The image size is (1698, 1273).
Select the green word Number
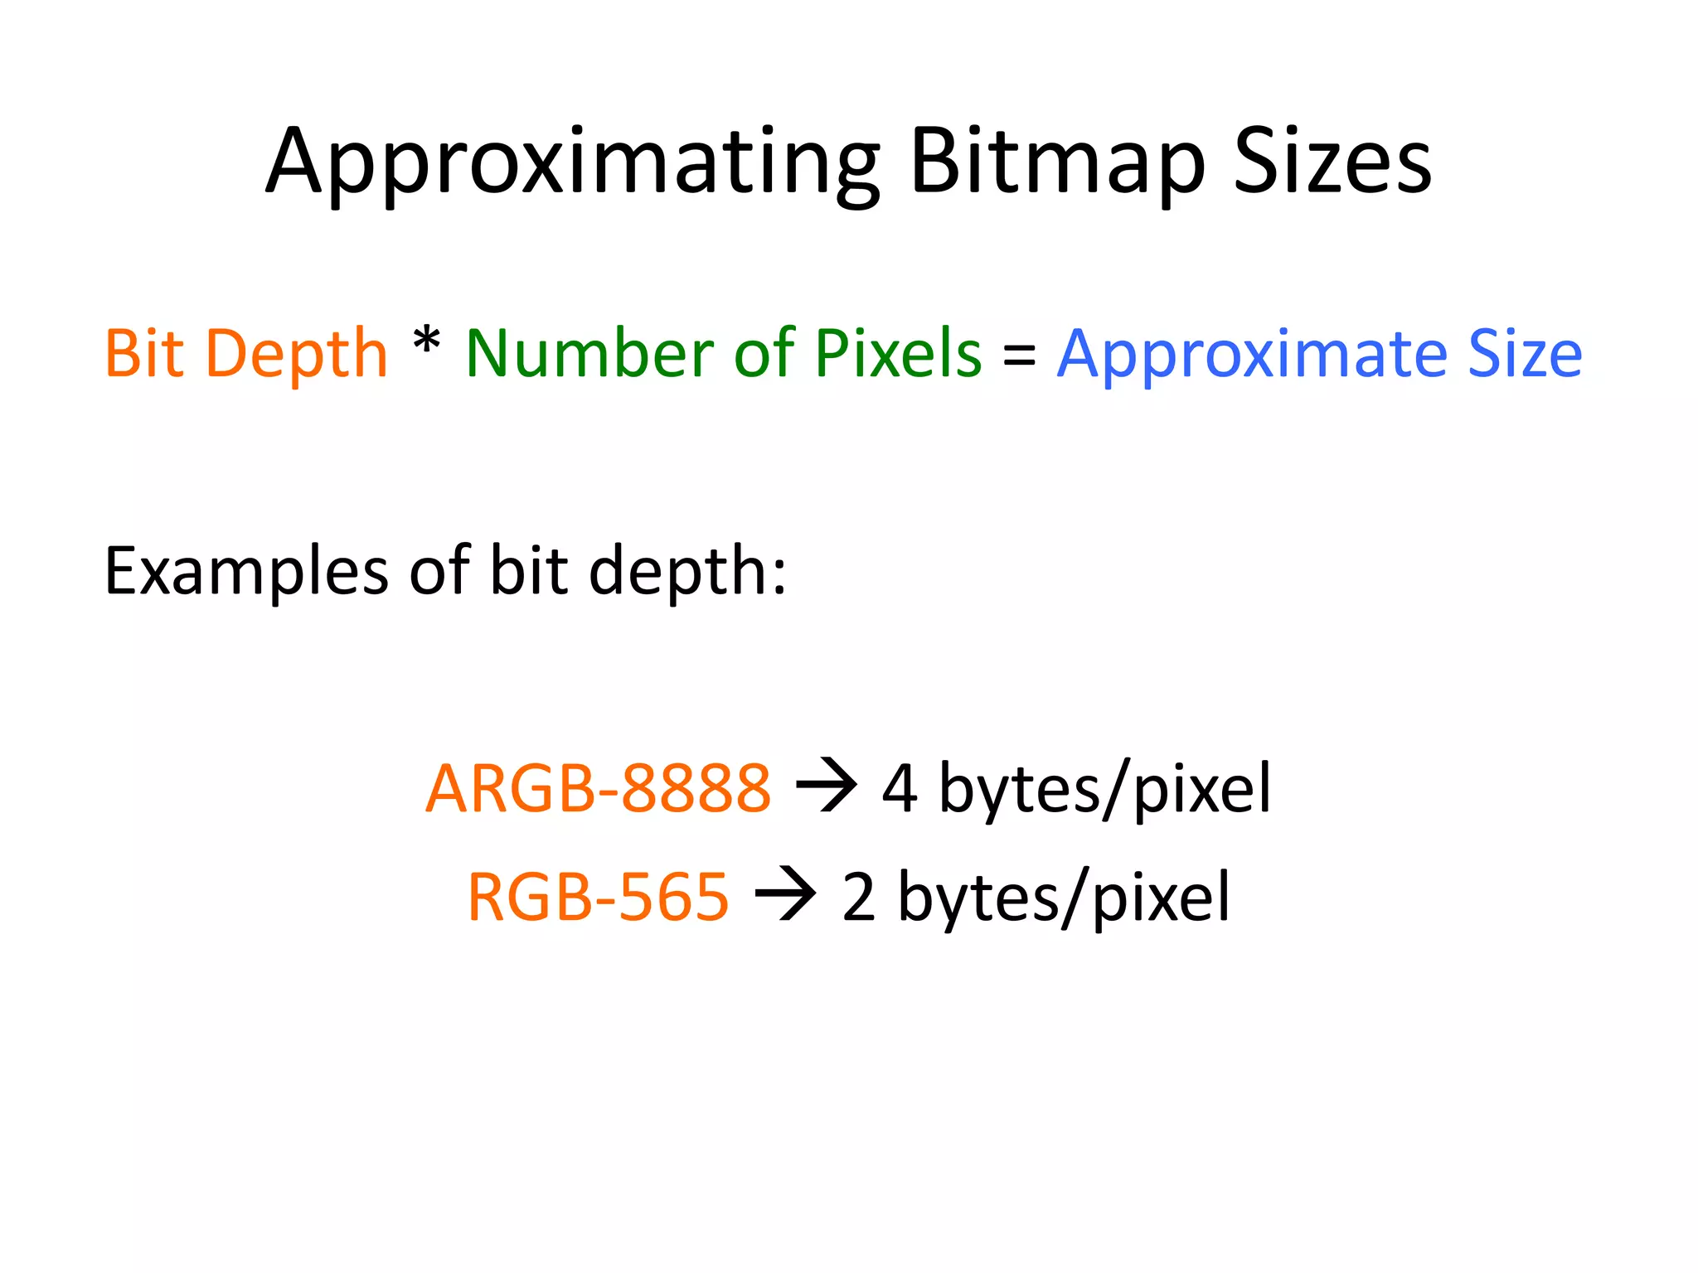[589, 354]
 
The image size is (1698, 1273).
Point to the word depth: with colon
[687, 572]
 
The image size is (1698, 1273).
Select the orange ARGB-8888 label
[598, 788]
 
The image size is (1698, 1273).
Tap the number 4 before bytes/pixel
[900, 788]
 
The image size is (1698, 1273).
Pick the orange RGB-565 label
[598, 897]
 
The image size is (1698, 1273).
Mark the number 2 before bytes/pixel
[859, 898]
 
